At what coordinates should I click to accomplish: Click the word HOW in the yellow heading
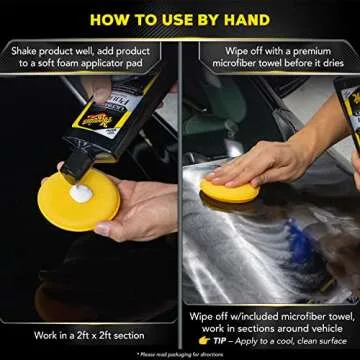[110, 18]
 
